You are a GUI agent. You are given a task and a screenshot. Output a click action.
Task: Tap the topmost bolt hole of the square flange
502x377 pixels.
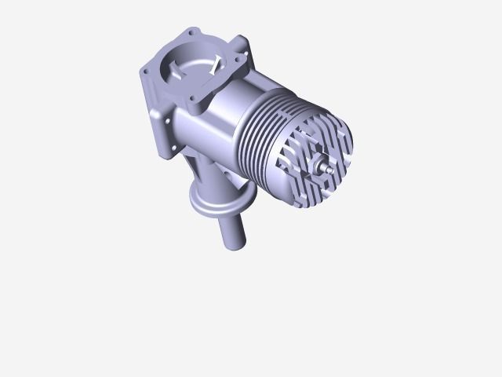click(x=188, y=35)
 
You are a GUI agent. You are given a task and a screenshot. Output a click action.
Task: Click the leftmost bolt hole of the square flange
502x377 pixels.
click(x=146, y=71)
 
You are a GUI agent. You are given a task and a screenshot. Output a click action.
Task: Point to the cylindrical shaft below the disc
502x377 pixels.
click(x=234, y=232)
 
